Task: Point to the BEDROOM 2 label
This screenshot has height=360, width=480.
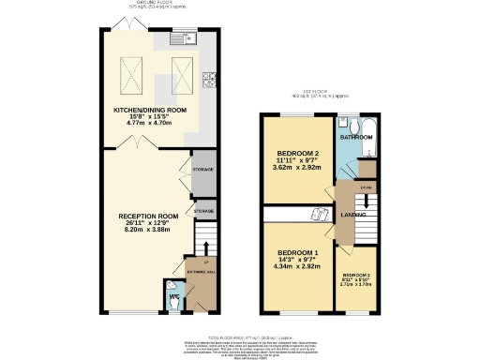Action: [x=298, y=154]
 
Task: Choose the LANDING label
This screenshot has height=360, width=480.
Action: [x=353, y=215]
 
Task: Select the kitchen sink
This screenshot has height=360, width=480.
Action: [x=179, y=40]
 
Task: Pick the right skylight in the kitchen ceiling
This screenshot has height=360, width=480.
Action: [x=184, y=72]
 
